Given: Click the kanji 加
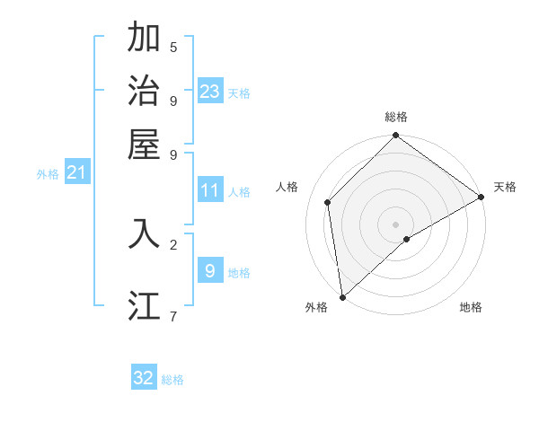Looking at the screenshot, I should (144, 38).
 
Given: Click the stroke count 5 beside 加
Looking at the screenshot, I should (173, 48).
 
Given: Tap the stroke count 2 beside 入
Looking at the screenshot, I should (173, 243).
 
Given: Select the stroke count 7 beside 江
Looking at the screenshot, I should (173, 315).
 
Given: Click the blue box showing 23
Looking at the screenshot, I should (210, 92).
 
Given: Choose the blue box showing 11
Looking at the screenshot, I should (210, 190).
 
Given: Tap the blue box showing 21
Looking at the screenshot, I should (76, 173).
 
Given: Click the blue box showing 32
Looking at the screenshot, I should (144, 378).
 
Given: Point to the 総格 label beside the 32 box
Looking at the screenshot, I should (173, 380).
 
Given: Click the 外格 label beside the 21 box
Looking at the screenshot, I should (48, 175).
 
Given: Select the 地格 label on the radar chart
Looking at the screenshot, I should (471, 307).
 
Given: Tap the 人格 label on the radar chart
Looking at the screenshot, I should (287, 187).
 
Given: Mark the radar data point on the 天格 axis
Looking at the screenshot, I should (481, 198).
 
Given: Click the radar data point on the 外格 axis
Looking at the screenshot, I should (342, 297).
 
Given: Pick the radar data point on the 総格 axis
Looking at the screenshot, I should (396, 136).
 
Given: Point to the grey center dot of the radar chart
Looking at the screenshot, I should (396, 224).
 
